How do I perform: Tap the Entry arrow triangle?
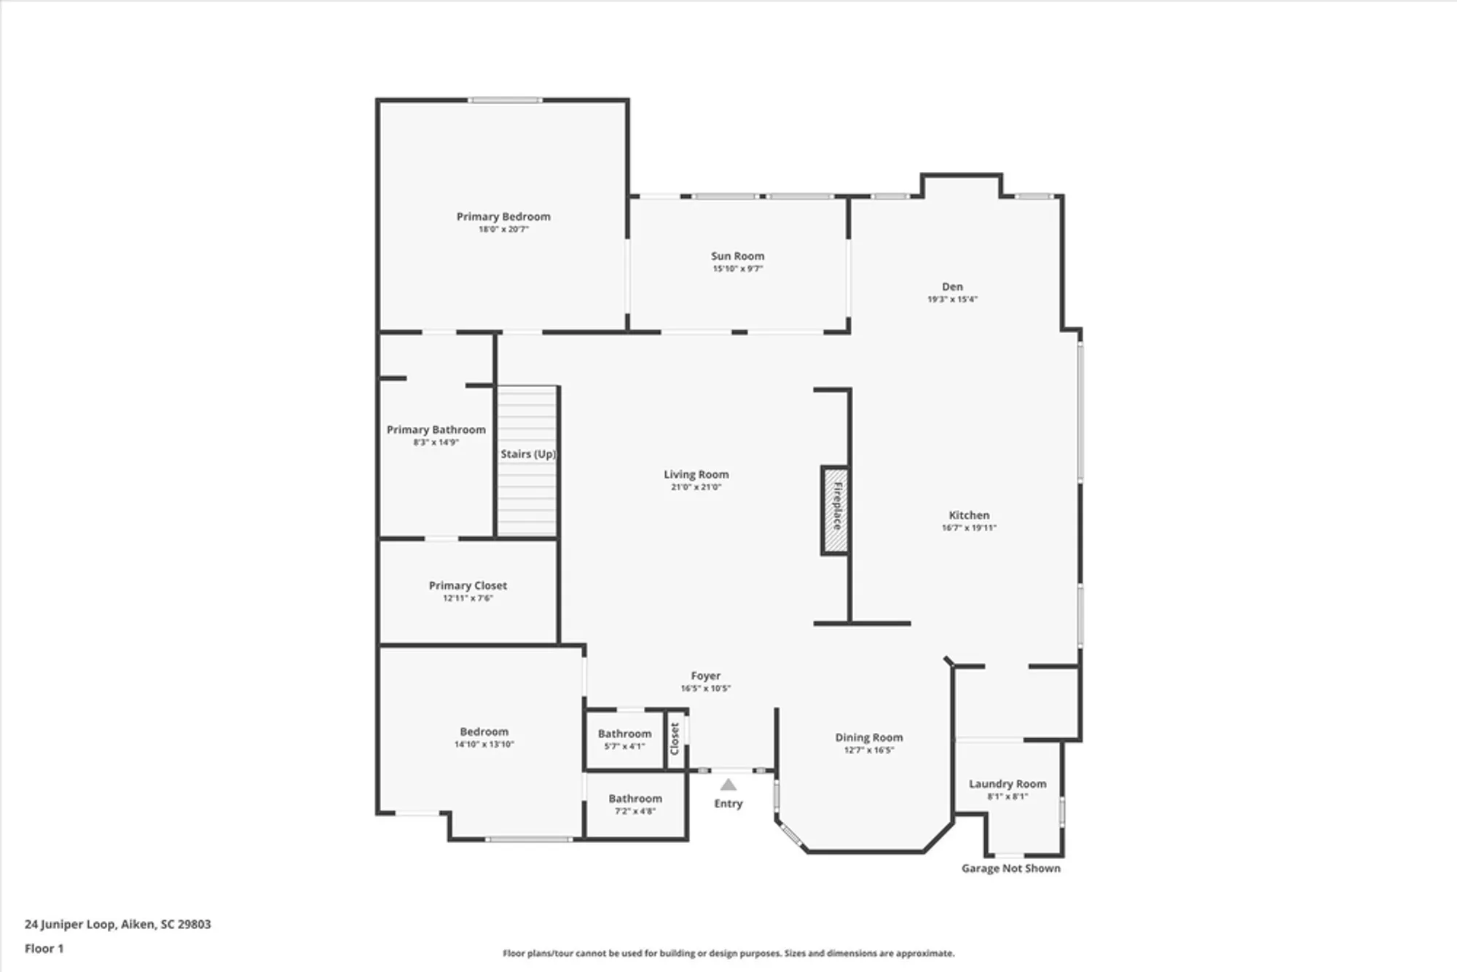(728, 785)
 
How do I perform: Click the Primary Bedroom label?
(503, 216)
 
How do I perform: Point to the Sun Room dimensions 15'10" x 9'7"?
(737, 269)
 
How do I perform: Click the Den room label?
(952, 286)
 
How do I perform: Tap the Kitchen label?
(969, 515)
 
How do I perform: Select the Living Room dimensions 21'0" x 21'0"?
(696, 487)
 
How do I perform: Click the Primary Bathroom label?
(436, 430)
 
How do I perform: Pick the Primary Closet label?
(468, 585)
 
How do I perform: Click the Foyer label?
(705, 676)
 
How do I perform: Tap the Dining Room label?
(868, 737)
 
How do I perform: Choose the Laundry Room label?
(1008, 784)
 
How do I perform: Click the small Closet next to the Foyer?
(675, 738)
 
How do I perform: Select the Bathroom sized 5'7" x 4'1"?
(624, 740)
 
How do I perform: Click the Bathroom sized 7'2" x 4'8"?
(635, 804)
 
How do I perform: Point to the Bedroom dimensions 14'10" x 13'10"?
(484, 745)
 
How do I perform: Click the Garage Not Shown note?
(1010, 869)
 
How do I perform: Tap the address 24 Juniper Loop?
(117, 924)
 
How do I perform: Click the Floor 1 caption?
(44, 949)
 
